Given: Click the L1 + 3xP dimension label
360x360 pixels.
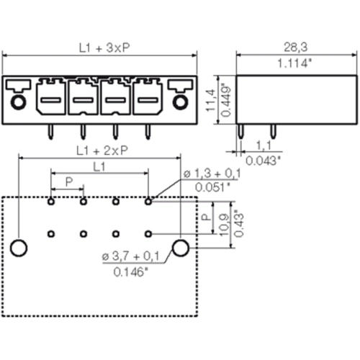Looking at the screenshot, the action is (104, 48).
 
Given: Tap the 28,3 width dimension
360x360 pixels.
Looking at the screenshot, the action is (295, 48).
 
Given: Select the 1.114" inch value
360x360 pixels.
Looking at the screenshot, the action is (294, 63).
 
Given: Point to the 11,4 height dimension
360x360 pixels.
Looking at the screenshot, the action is (210, 100).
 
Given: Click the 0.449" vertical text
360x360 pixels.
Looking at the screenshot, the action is (225, 100).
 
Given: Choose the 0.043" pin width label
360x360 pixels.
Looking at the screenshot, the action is (263, 161).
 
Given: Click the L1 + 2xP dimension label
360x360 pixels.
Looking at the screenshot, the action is (102, 150).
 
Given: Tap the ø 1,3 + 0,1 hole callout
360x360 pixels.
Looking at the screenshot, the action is (212, 174).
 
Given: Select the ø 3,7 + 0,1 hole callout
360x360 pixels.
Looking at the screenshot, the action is (131, 256).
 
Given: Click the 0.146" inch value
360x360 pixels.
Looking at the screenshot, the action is (131, 272).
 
